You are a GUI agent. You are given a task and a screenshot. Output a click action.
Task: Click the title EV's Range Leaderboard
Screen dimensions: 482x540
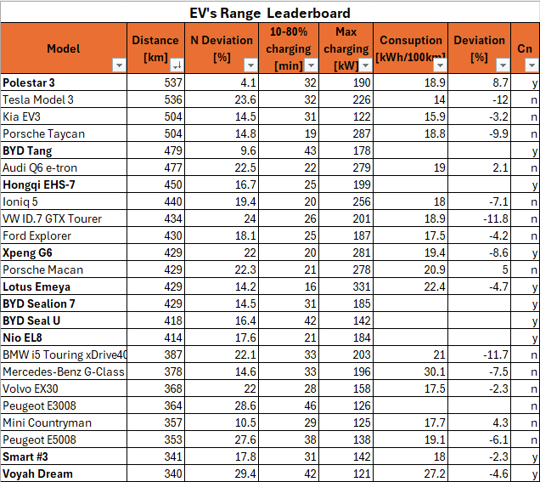point(269,13)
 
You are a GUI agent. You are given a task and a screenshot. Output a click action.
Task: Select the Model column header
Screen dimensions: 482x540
point(64,48)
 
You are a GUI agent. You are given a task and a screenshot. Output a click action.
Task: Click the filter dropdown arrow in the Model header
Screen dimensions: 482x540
point(119,65)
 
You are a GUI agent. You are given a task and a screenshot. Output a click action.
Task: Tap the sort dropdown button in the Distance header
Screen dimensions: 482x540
point(177,65)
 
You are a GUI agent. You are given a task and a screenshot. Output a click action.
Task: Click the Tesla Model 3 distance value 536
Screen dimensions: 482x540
point(172,100)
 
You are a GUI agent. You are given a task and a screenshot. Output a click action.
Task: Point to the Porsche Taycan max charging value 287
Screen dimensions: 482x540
point(362,134)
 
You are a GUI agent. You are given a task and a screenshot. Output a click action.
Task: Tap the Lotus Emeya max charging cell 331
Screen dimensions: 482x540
point(362,287)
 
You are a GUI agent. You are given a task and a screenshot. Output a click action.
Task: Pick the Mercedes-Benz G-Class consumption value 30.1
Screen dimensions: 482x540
point(434,372)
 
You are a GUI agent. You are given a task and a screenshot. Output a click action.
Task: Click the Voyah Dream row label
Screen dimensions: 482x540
point(37,474)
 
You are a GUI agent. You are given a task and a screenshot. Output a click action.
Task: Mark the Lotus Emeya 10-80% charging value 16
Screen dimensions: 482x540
point(309,287)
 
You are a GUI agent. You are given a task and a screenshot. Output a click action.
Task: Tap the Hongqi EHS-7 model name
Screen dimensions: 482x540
point(39,185)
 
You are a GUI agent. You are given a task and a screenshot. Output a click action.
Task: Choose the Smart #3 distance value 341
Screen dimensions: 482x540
point(172,457)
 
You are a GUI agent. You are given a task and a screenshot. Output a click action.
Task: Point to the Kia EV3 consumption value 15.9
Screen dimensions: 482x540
point(434,117)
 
